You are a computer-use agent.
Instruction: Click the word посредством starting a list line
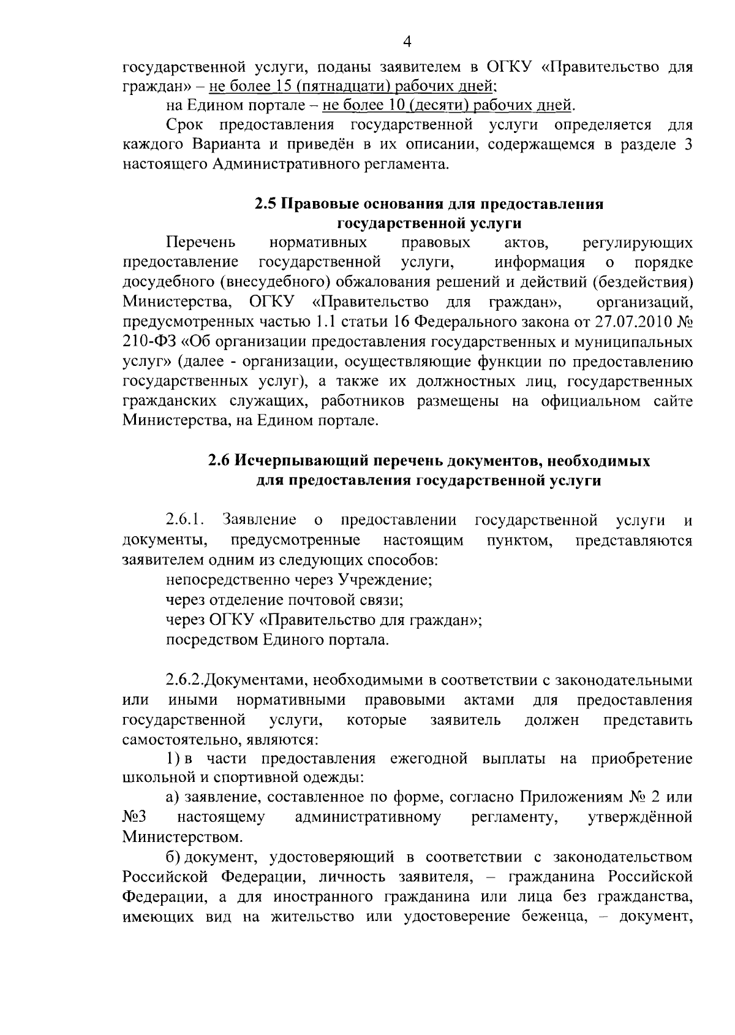212,640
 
